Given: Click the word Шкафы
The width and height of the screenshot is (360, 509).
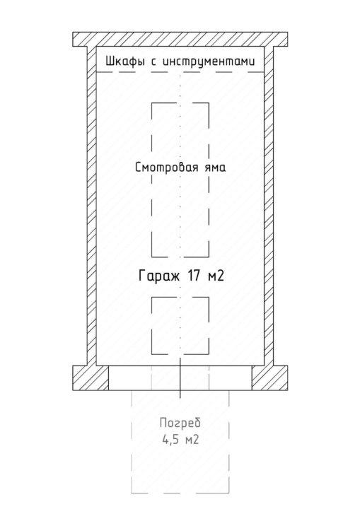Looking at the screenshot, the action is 125,62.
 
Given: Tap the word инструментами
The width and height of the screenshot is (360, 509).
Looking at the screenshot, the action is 209,62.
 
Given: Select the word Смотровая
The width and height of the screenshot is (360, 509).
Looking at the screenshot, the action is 166,168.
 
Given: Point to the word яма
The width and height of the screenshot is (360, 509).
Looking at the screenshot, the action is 215,168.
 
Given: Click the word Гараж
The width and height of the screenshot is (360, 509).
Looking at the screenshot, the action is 159,276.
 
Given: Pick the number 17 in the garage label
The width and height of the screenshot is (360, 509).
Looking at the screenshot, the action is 194,276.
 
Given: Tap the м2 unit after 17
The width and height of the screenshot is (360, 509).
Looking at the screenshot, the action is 216,276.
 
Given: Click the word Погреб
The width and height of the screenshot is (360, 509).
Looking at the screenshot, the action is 180,423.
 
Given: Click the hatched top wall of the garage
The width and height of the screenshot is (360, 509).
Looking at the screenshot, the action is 180,40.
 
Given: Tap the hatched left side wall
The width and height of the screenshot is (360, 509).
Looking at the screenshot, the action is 92,206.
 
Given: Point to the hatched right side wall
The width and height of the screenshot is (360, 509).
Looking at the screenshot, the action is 269,206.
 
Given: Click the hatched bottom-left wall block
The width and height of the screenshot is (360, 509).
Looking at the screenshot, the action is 91,378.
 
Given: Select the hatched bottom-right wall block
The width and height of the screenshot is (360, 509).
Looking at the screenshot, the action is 269,378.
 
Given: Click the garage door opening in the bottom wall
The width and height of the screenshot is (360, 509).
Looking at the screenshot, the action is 180,378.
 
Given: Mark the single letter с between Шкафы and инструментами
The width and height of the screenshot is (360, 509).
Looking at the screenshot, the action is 153,62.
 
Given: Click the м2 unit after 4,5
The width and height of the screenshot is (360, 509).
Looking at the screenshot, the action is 191,440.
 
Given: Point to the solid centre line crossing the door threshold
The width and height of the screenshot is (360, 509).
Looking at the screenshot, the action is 180,378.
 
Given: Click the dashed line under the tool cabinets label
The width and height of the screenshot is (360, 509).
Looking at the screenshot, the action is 180,71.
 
